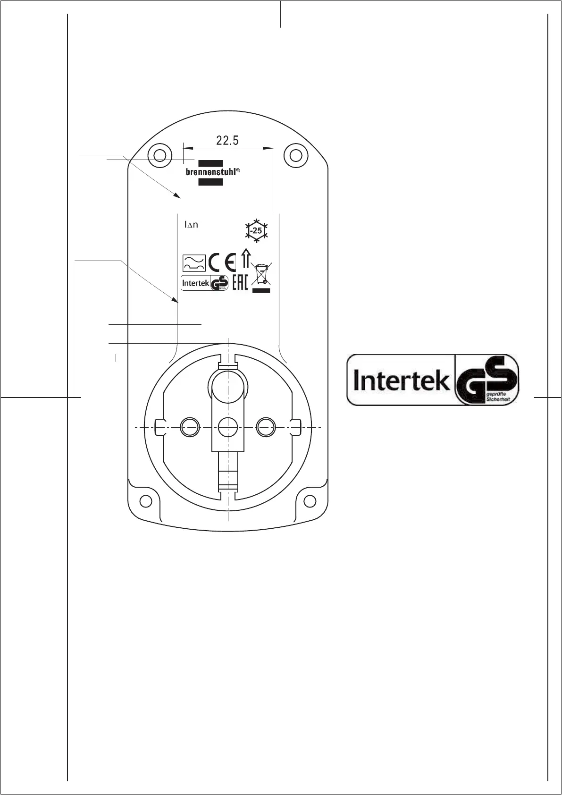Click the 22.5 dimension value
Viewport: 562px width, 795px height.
click(x=227, y=140)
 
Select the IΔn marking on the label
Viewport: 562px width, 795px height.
click(x=191, y=225)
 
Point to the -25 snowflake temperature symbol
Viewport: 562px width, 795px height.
click(x=256, y=231)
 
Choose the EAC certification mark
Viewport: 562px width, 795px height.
click(x=240, y=282)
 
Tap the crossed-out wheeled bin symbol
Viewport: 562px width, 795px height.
click(x=261, y=275)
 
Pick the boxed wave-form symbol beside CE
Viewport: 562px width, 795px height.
click(x=193, y=262)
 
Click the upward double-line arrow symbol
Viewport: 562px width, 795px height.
click(x=245, y=259)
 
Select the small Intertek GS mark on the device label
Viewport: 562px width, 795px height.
click(x=205, y=283)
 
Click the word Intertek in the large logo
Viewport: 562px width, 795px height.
click(x=401, y=380)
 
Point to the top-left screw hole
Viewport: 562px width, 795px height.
click(x=159, y=155)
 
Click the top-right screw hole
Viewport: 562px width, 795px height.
click(x=295, y=155)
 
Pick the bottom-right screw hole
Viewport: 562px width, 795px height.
click(x=310, y=500)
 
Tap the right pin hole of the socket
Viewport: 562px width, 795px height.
click(x=265, y=427)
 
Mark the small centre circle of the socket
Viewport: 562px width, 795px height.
click(x=228, y=427)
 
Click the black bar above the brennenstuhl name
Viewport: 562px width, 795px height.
click(x=210, y=163)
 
